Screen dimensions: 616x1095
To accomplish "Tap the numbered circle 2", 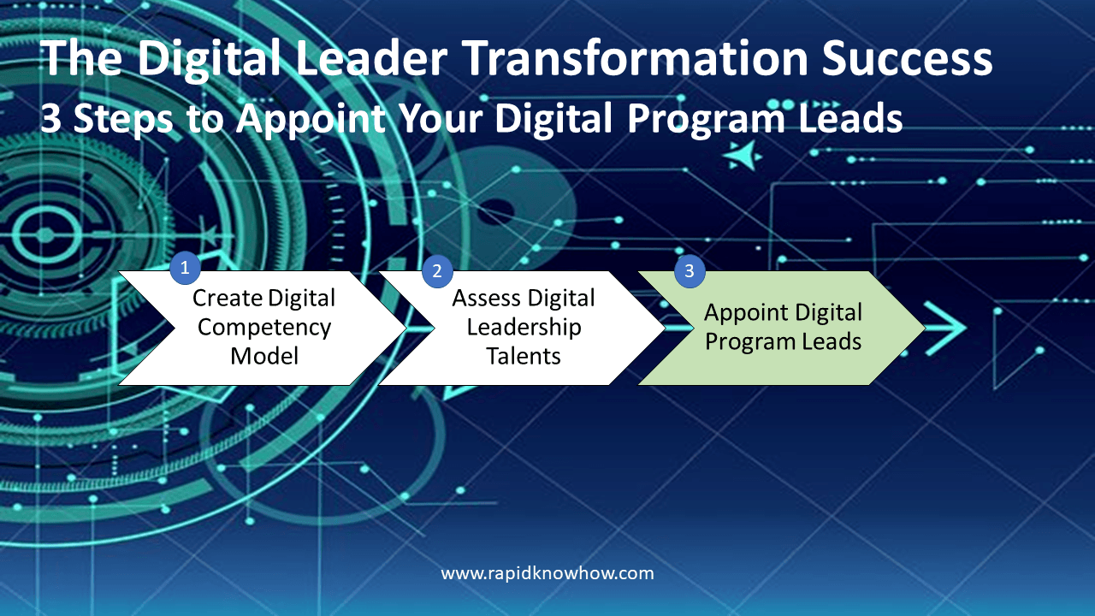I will click(x=436, y=271).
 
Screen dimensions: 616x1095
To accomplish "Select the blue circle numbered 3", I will click(x=690, y=272).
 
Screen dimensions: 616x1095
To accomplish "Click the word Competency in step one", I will click(x=264, y=327).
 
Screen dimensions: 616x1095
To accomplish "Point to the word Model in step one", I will click(x=264, y=356).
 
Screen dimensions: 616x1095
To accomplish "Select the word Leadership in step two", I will click(x=524, y=327).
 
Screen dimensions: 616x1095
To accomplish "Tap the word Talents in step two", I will click(x=524, y=356).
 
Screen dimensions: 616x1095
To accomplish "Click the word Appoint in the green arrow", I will click(x=745, y=312).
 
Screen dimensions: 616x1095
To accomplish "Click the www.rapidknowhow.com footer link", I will click(x=547, y=573).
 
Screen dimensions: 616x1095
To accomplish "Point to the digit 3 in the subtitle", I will click(x=51, y=119).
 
